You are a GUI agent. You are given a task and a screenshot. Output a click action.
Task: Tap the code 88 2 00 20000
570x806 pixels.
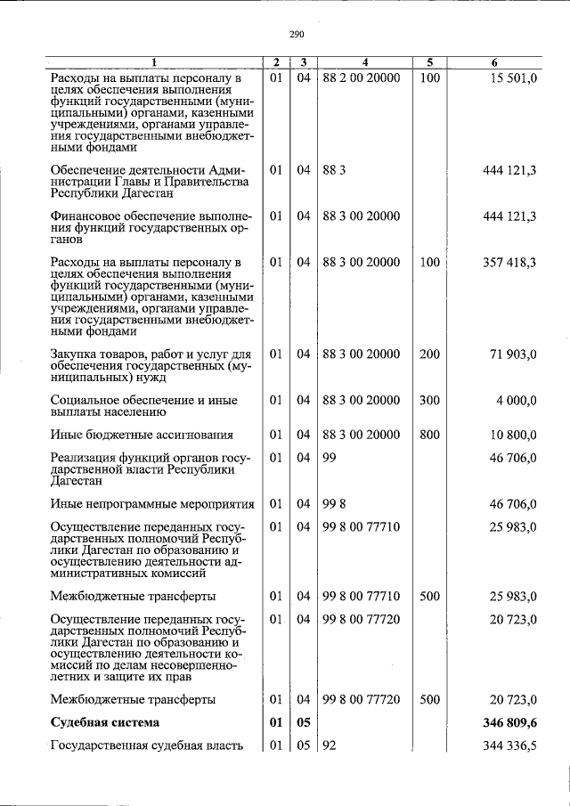tap(362, 78)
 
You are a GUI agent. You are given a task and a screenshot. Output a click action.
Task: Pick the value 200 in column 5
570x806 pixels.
tap(429, 354)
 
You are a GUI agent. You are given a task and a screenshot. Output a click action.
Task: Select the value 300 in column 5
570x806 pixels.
tap(429, 401)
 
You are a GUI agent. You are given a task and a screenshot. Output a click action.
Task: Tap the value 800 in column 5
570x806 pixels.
tap(429, 435)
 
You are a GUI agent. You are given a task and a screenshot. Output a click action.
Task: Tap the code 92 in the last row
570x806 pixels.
tap(330, 745)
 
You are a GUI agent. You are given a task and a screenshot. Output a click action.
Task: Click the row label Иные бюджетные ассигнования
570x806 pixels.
tap(142, 435)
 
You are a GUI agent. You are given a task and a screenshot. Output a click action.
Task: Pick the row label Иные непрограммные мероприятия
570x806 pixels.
tap(152, 503)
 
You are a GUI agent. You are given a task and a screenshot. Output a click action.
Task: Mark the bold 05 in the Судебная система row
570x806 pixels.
tap(304, 722)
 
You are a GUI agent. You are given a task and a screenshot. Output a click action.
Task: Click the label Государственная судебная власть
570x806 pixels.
tap(148, 745)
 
